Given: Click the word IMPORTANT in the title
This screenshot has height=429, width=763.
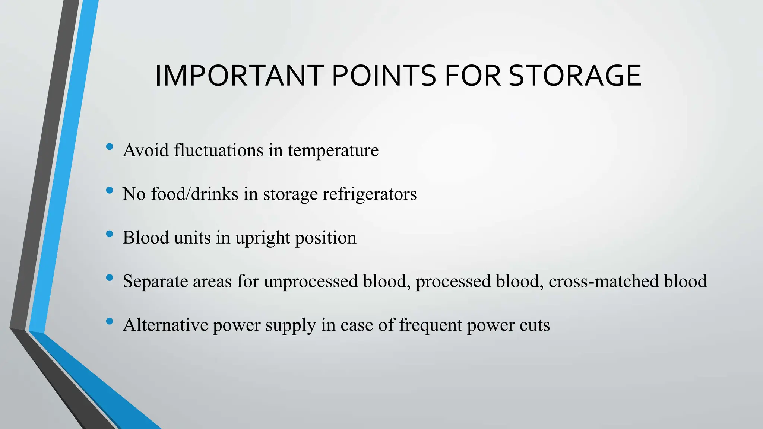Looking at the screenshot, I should coord(239,76).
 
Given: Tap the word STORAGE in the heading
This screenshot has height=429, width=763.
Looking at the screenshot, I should coord(575,76).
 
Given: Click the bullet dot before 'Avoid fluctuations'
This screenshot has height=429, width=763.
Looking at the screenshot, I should coord(110,147).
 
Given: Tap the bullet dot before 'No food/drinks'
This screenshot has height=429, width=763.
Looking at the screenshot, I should coord(110,190).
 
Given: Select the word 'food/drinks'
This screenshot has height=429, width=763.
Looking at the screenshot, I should coord(194,194).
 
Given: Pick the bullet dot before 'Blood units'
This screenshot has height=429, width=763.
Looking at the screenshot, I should coord(110,234).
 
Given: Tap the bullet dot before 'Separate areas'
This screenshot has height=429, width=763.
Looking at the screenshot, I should coord(110,277).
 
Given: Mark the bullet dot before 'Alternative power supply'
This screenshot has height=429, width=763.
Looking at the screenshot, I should coord(110,321).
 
